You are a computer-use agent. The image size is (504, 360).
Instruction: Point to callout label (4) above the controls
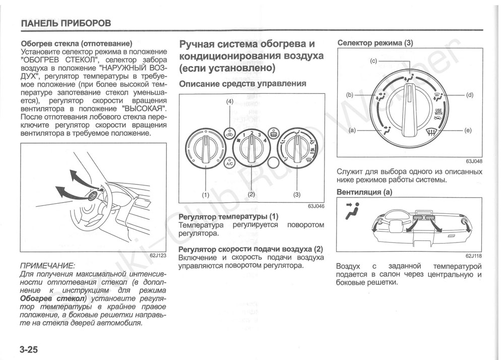(230, 102)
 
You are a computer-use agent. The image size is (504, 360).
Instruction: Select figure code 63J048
(474, 161)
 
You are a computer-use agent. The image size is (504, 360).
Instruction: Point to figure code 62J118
(474, 256)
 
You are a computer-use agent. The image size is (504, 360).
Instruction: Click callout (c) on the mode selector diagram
(373, 61)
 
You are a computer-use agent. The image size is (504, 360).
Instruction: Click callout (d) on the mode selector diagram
(470, 94)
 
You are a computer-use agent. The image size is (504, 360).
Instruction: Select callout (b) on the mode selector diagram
(350, 94)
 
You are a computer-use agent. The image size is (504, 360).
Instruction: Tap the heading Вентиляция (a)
(364, 192)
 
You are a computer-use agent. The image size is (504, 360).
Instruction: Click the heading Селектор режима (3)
(374, 43)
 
